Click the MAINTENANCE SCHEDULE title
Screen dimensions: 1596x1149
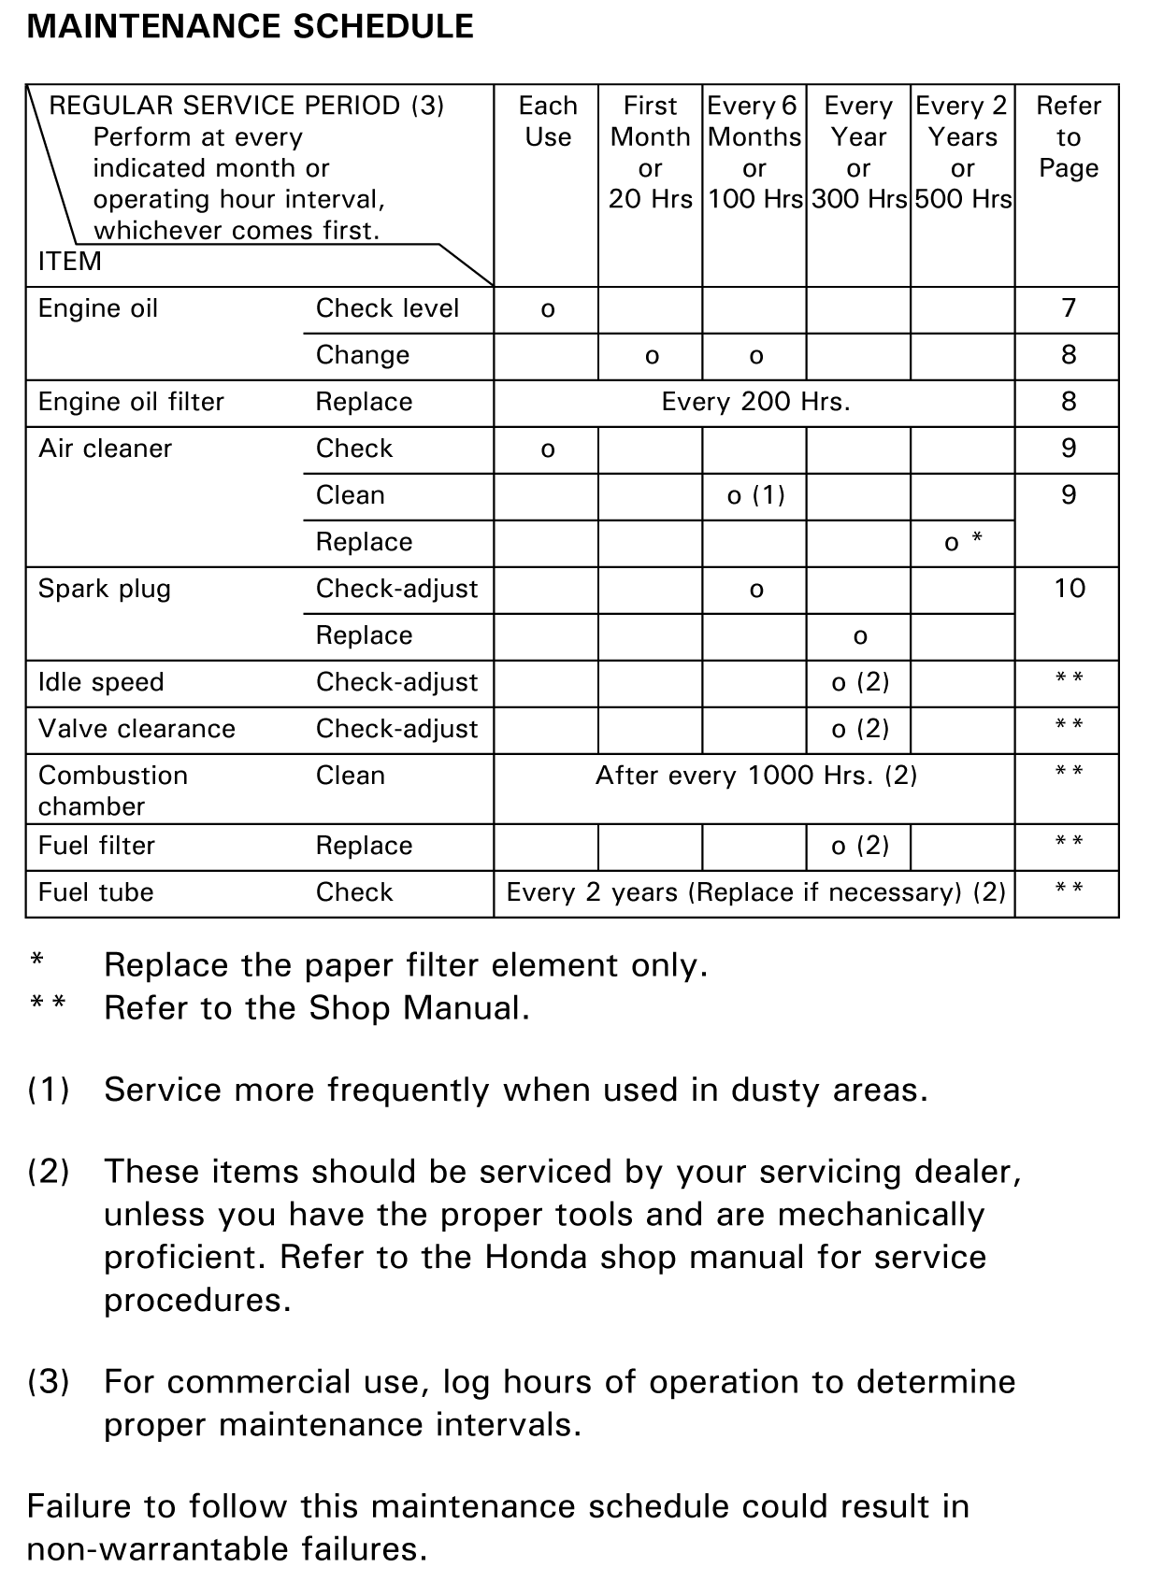(x=250, y=26)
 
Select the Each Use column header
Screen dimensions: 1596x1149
(x=548, y=121)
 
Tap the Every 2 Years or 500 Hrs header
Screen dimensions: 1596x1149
(x=962, y=152)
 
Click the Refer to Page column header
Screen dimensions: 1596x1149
(x=1068, y=136)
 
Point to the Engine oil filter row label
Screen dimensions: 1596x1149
(x=131, y=402)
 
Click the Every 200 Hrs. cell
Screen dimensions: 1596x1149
(x=755, y=402)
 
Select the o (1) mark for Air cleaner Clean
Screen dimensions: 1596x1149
(x=755, y=495)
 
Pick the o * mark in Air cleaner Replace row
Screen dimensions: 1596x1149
(x=963, y=542)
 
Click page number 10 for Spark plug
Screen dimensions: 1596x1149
(x=1069, y=589)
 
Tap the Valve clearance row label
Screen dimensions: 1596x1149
(x=136, y=729)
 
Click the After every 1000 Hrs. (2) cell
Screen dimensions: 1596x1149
(x=755, y=776)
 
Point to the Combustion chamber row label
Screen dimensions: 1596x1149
(x=112, y=791)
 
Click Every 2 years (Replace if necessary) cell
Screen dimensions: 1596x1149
(x=755, y=892)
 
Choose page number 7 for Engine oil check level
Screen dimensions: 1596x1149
(x=1069, y=308)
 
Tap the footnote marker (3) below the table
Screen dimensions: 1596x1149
(x=48, y=1381)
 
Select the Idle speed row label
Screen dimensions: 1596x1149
(x=101, y=682)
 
